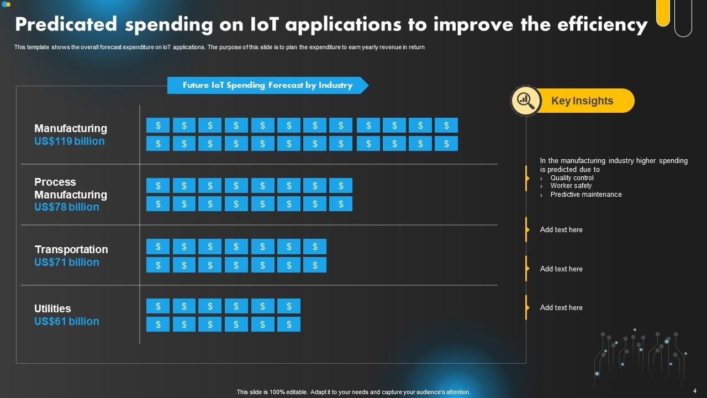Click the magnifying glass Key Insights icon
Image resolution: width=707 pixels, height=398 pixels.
[x=526, y=101]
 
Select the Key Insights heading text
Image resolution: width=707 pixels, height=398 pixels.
[x=582, y=101]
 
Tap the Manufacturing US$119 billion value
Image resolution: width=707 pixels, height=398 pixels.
[x=69, y=142]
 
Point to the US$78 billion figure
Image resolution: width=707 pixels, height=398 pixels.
[x=67, y=207]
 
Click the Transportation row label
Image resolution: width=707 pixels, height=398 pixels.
[x=71, y=249]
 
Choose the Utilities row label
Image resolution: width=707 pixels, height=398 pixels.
[x=52, y=308]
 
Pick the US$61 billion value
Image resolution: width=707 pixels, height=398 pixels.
[x=67, y=322]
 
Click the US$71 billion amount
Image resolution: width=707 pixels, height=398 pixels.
[x=67, y=263]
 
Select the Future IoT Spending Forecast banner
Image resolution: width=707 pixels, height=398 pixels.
[x=267, y=85]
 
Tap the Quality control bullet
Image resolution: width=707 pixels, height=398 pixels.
[x=572, y=178]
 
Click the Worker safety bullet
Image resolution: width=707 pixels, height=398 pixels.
[x=571, y=186]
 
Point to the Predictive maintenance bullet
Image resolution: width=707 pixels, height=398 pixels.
[x=585, y=195]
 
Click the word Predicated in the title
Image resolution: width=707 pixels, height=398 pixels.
[x=66, y=25]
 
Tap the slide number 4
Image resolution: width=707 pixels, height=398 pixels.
[x=694, y=391]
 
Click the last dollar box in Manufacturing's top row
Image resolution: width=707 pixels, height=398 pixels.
[x=446, y=125]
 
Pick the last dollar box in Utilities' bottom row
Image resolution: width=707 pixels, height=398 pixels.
[x=289, y=324]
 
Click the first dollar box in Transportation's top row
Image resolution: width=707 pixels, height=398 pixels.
[x=158, y=247]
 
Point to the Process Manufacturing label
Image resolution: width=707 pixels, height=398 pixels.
[x=71, y=188]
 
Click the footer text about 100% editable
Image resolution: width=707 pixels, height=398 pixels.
[x=353, y=392]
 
